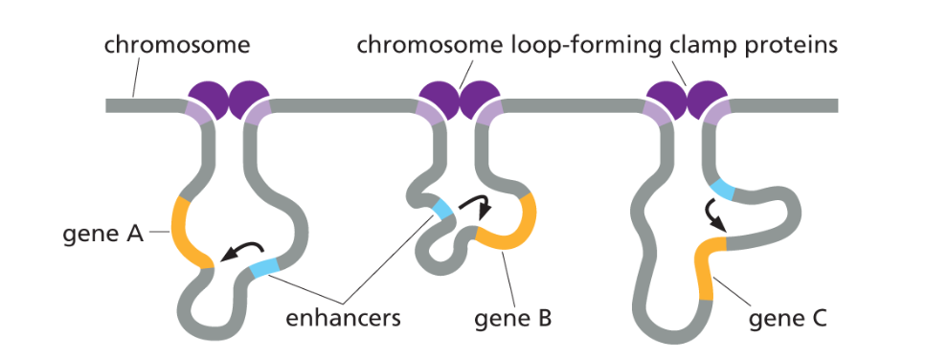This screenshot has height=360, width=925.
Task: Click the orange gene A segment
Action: tap(185, 231)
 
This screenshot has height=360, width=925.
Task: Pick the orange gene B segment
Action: tap(517, 230)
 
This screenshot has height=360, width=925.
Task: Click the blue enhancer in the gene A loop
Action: tap(264, 267)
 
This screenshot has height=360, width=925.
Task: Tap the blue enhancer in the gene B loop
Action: tap(443, 209)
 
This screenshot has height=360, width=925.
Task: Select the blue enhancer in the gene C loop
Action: tap(723, 190)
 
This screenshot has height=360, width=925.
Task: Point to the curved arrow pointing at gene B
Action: tap(474, 203)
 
